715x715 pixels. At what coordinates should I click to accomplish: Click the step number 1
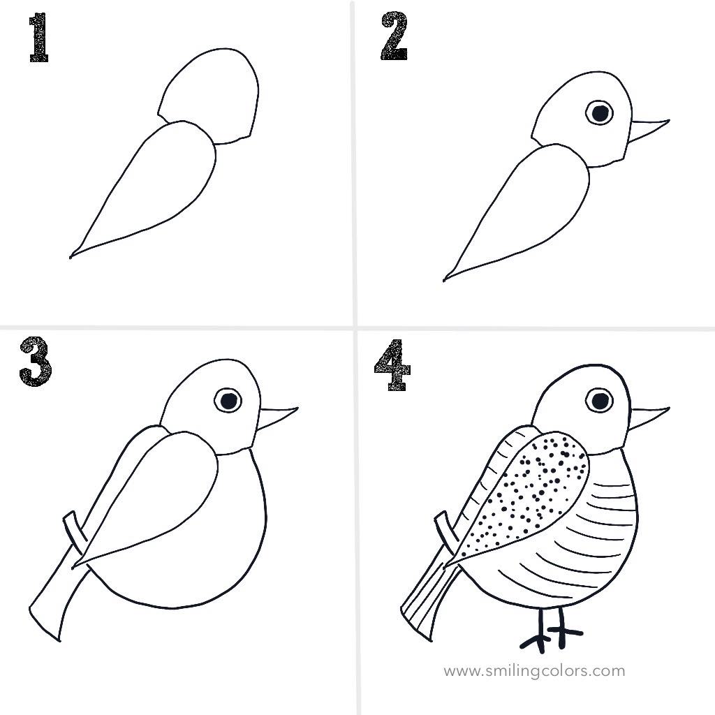[38, 40]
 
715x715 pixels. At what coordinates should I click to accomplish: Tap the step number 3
[35, 361]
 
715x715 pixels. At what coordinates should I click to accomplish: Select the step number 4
[391, 364]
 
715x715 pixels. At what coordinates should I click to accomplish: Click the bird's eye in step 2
[598, 112]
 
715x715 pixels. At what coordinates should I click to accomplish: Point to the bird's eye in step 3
[228, 400]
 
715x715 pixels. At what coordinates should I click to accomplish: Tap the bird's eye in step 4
[599, 400]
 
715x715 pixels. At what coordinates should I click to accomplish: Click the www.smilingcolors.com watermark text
[534, 671]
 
